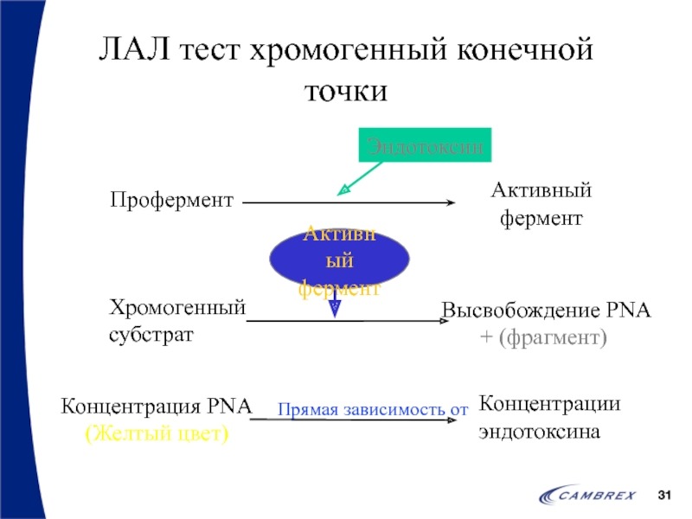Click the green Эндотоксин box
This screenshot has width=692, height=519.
point(426,144)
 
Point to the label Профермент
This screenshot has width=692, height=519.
point(172,202)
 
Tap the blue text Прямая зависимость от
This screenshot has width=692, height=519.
point(373,409)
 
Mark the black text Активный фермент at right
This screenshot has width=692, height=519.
point(541,204)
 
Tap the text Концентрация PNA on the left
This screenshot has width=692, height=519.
point(157,406)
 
